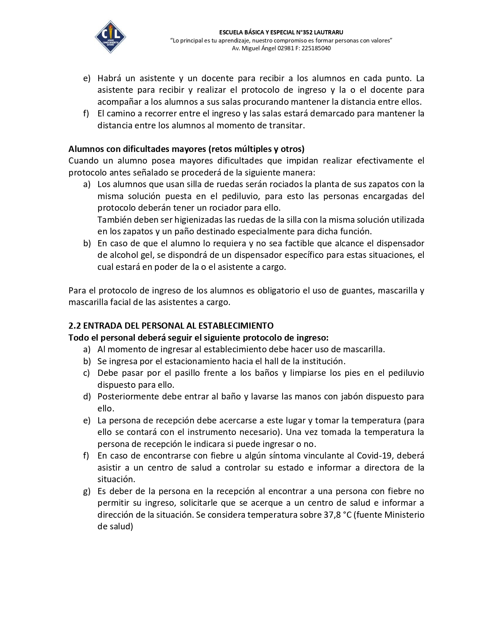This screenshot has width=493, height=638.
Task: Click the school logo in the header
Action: (110, 37)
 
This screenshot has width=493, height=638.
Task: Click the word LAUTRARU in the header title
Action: (328, 32)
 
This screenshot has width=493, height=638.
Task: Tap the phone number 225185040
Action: (316, 48)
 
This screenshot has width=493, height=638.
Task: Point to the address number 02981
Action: (285, 48)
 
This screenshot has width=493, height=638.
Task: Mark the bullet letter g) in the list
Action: (87, 491)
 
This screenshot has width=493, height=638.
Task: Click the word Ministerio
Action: (404, 515)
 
